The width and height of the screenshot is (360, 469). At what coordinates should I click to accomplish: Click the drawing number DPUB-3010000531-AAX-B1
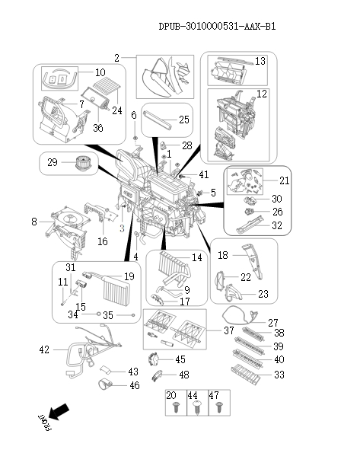tap(217, 26)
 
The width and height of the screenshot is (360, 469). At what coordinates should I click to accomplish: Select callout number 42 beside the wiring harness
tap(44, 349)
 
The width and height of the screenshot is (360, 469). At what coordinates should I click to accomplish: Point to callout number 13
tap(260, 61)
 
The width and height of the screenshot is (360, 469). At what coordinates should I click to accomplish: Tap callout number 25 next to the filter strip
tap(183, 120)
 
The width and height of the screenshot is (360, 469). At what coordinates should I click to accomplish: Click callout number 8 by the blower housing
tap(34, 222)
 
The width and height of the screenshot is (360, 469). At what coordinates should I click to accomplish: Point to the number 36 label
tap(97, 129)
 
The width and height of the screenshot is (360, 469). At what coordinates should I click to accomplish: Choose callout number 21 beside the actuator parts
tap(285, 180)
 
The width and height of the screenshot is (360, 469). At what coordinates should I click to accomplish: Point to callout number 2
tap(117, 58)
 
